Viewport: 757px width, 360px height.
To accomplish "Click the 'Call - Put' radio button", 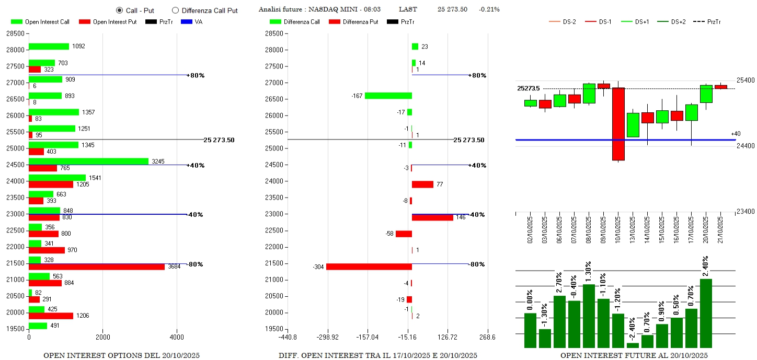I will tap(119, 10).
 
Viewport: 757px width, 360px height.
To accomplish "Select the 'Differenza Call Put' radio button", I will tap(175, 10).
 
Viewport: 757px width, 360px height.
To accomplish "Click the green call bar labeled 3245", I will tap(88, 161).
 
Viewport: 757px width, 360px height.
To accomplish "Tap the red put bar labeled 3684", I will tap(97, 267).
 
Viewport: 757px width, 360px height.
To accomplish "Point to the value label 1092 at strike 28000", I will tap(78, 47).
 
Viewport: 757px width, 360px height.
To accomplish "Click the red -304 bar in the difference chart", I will tap(369, 267).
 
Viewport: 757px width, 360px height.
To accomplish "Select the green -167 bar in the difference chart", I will tap(388, 96).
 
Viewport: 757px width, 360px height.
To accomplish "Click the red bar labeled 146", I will tap(432, 217).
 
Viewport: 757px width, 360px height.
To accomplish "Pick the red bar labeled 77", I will tap(422, 184).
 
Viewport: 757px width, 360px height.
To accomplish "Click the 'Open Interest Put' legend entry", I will tap(108, 22).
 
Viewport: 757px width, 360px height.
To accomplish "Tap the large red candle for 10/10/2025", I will tap(618, 124).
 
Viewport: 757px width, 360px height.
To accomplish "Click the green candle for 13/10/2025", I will tap(633, 125).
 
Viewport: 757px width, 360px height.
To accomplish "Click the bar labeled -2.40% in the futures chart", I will tap(633, 345).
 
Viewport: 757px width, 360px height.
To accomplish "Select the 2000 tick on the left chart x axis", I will tap(102, 337).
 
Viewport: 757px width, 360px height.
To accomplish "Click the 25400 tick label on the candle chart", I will tap(745, 80).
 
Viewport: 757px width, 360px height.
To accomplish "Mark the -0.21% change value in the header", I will tap(489, 9).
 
